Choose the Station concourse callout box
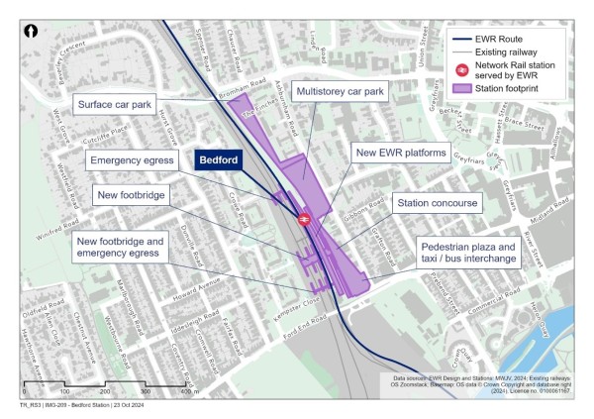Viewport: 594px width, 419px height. pos(438,203)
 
